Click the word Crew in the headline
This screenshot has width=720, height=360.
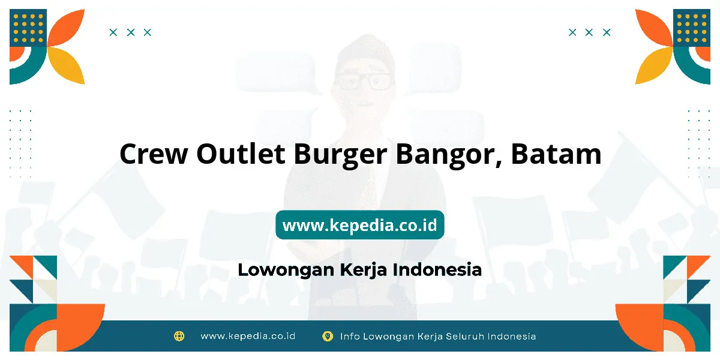click(x=154, y=154)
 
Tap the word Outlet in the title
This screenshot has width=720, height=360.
click(x=241, y=154)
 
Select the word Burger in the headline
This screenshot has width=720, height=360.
click(x=340, y=155)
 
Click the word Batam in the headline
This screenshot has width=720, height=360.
click(x=556, y=154)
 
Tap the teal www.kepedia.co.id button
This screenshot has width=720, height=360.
click(x=359, y=225)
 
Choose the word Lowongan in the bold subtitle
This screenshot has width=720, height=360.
click(x=286, y=270)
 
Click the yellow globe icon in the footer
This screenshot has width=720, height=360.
click(x=179, y=336)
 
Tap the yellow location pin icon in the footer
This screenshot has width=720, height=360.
click(x=328, y=336)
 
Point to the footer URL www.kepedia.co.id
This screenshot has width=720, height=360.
click(x=248, y=336)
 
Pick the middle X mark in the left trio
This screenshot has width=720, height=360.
click(x=131, y=32)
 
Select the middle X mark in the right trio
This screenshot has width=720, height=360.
click(x=589, y=32)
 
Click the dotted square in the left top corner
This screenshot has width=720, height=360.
click(x=28, y=28)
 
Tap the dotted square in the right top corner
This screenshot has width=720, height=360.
click(x=692, y=28)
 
